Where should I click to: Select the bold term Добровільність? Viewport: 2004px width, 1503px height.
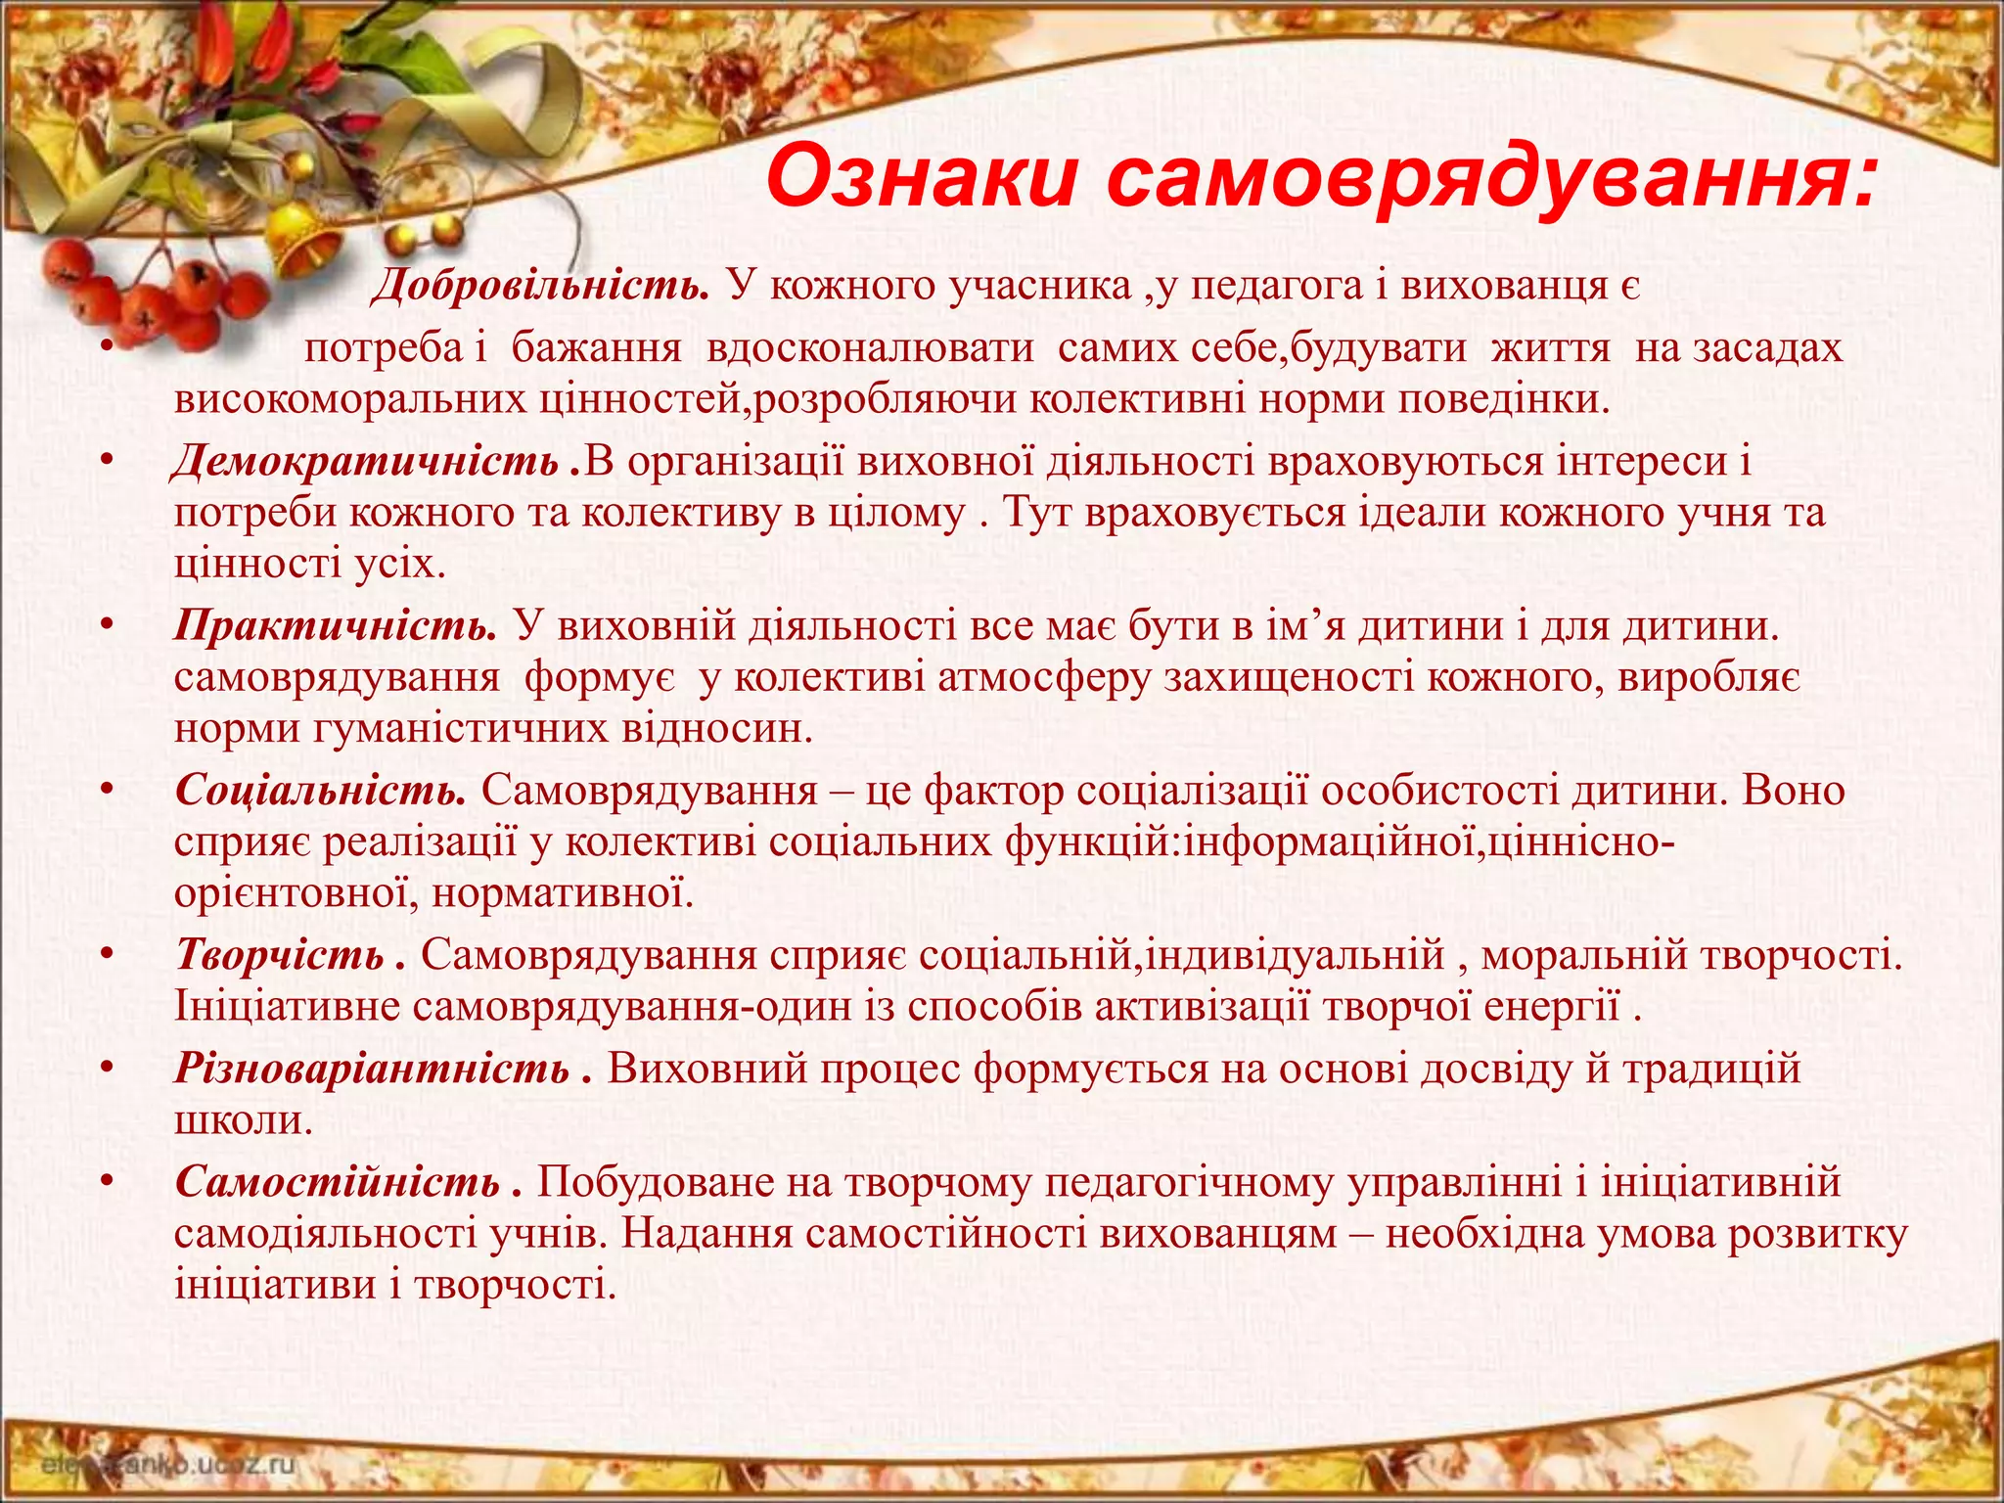(x=539, y=286)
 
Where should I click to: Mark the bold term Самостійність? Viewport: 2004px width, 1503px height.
(x=338, y=1182)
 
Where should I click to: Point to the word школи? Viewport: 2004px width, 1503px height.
(x=243, y=1119)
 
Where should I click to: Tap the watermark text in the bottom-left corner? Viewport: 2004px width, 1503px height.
(x=167, y=1465)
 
